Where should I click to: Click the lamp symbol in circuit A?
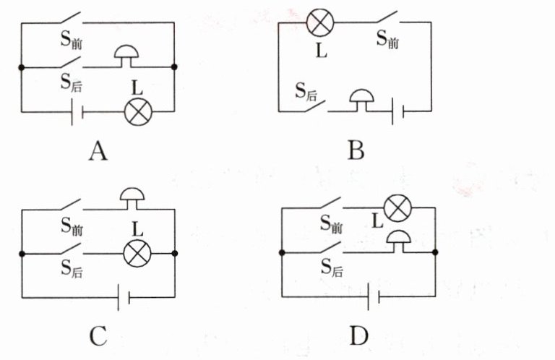[x=138, y=112]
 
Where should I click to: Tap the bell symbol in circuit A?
[x=126, y=56]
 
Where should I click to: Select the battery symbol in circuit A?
[x=77, y=112]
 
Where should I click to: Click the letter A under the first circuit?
[x=98, y=151]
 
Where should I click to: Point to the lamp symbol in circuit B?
[x=320, y=22]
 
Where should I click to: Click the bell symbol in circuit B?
[x=362, y=100]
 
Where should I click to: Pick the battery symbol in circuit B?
[x=398, y=111]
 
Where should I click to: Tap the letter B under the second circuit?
[x=356, y=150]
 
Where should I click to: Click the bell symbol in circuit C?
[x=132, y=199]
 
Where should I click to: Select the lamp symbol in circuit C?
[x=137, y=254]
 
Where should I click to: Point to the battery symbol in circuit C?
[x=124, y=297]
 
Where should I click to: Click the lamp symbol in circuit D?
[x=398, y=207]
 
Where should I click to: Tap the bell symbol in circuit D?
[x=399, y=241]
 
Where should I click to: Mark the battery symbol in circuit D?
[x=374, y=296]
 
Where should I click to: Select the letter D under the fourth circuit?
[x=358, y=335]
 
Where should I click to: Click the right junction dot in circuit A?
[x=174, y=67]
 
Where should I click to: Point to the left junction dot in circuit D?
[x=282, y=252]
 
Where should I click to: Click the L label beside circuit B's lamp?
[x=321, y=51]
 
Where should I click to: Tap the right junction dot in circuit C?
[x=174, y=253]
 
